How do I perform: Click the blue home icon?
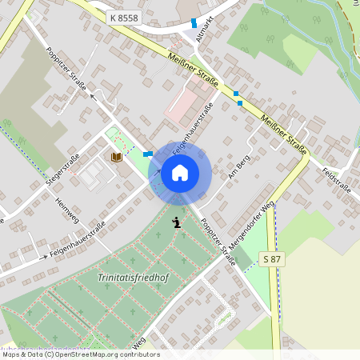[x=180, y=171]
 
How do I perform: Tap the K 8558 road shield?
[x=124, y=16]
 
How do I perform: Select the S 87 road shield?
[x=272, y=258]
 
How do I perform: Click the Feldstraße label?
[x=336, y=181]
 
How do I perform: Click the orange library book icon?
[x=117, y=158]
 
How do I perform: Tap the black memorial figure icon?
[x=177, y=220]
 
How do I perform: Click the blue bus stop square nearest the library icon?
[x=148, y=154]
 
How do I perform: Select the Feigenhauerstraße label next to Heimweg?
[x=78, y=242]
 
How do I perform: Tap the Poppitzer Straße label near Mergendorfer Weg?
[x=218, y=241]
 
